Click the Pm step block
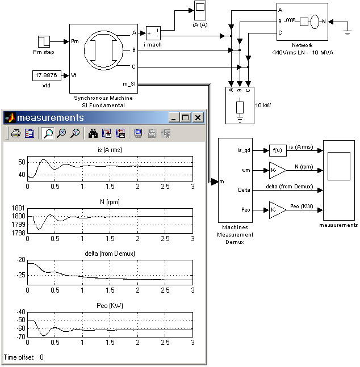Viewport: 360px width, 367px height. [44, 41]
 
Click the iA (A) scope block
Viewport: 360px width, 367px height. [201, 9]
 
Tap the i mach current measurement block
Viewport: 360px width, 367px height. [154, 32]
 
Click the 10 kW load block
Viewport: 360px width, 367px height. [240, 106]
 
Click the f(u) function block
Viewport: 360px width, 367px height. [278, 151]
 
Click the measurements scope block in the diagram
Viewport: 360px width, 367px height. [338, 180]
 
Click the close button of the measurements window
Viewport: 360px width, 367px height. [198, 117]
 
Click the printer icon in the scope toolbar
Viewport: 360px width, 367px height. [16, 133]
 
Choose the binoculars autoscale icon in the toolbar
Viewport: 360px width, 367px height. [93, 133]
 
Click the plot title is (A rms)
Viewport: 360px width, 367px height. [110, 150]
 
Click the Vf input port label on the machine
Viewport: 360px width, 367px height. [74, 75]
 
